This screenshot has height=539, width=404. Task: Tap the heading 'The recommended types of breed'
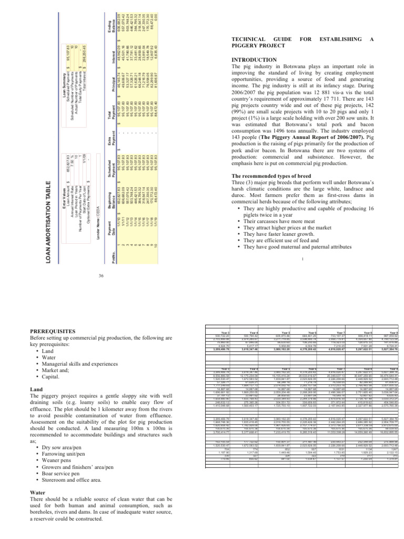click(x=274, y=176)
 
